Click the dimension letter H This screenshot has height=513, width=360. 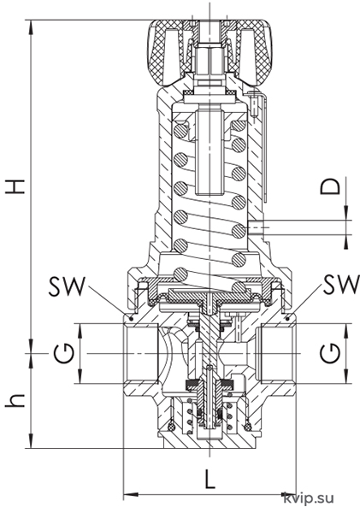pos(15,186)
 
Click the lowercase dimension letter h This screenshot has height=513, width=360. pos(15,400)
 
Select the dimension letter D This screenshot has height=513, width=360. pos(330,186)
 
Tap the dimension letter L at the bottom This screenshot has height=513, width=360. pos(210,479)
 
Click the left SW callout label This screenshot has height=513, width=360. pos(67,286)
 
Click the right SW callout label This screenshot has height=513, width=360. pos(341,284)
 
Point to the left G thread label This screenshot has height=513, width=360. pos(64,353)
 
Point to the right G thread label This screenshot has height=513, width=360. pos(330,353)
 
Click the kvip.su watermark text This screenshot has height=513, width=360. pos(309,498)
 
